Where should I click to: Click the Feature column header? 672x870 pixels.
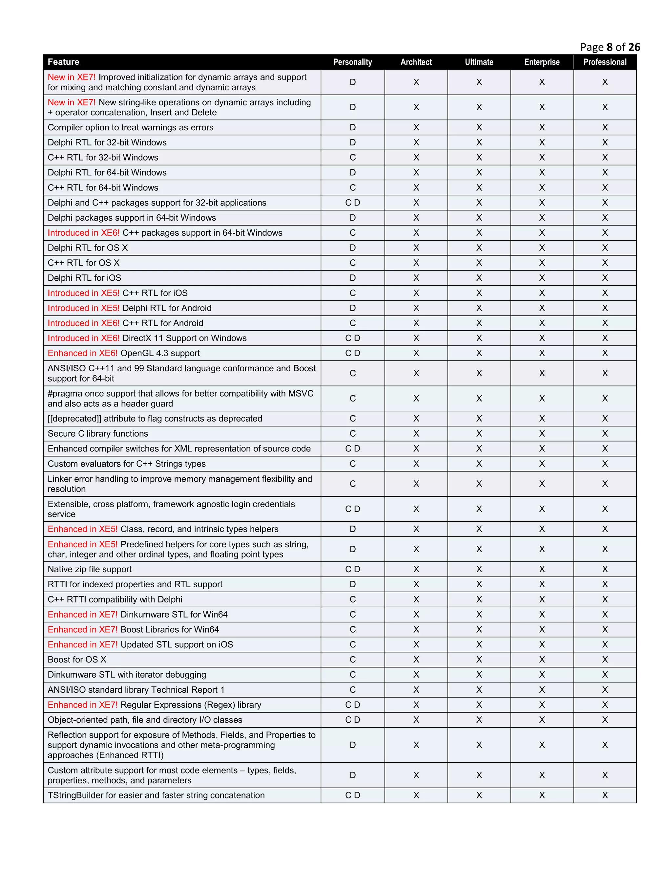63,62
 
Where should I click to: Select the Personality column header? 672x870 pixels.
352,62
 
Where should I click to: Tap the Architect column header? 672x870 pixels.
416,62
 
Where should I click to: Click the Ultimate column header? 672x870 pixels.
479,62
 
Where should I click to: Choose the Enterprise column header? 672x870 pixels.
542,62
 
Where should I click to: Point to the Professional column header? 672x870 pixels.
605,62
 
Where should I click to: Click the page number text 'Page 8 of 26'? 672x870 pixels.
610,47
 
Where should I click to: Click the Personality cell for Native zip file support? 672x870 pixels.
352,569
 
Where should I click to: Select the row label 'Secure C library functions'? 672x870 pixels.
97,433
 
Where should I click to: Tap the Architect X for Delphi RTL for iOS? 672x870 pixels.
416,278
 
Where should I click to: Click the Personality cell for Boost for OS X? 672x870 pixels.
352,660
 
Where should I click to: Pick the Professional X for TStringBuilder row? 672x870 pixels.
605,795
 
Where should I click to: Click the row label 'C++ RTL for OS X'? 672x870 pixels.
84,263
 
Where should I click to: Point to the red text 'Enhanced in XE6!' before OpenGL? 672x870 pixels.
82,353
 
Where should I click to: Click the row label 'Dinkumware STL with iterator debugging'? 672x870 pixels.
127,675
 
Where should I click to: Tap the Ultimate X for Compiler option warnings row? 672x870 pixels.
479,127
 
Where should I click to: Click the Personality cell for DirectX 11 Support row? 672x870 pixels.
352,338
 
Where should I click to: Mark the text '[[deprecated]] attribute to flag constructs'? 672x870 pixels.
155,419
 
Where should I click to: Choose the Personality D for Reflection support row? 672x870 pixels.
352,745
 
